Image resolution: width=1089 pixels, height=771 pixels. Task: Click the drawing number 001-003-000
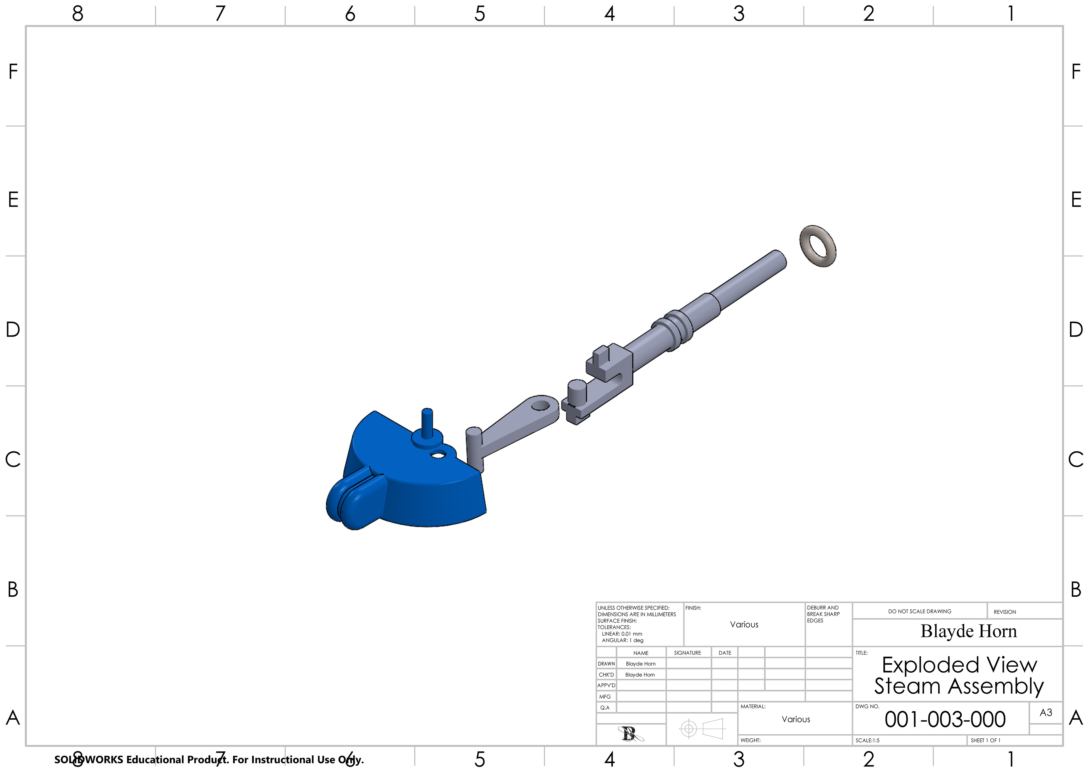(945, 719)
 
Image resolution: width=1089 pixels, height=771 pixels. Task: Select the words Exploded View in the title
(959, 665)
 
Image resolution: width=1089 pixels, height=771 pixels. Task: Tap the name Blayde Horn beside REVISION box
(968, 631)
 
